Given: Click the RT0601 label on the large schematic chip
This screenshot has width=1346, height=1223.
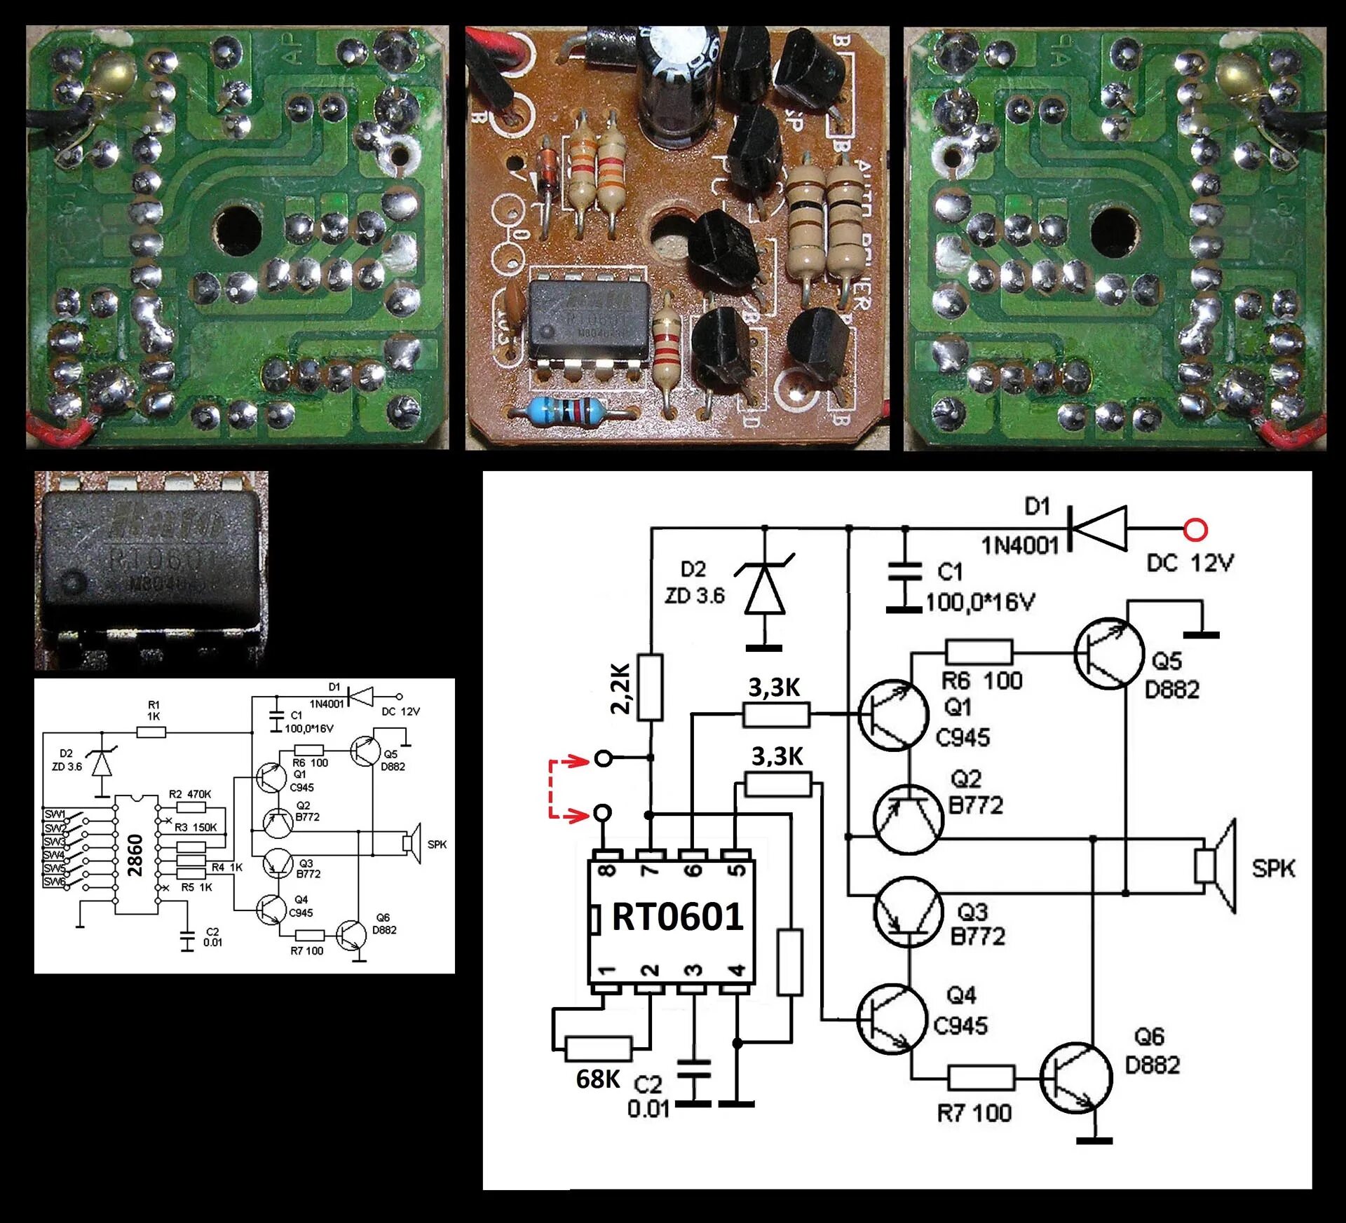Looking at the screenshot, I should (x=677, y=917).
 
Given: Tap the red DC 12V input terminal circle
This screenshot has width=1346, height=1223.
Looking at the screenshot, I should (x=1195, y=529).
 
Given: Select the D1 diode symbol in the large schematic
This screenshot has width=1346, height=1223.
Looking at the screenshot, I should (x=1099, y=529).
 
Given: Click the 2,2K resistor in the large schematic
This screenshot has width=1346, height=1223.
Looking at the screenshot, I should (x=651, y=688).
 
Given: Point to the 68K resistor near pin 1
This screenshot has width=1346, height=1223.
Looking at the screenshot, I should (x=598, y=1049).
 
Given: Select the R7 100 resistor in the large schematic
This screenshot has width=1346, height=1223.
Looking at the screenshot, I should (x=981, y=1078).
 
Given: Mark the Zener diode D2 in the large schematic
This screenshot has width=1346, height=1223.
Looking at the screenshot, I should (x=764, y=593).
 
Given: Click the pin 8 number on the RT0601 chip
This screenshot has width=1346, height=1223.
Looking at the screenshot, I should (x=607, y=871).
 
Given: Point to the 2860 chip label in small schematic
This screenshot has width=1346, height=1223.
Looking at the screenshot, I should (x=135, y=855).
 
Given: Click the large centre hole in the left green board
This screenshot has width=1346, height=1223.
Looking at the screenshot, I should (x=238, y=228).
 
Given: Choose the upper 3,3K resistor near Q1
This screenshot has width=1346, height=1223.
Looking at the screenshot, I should (x=776, y=715).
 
